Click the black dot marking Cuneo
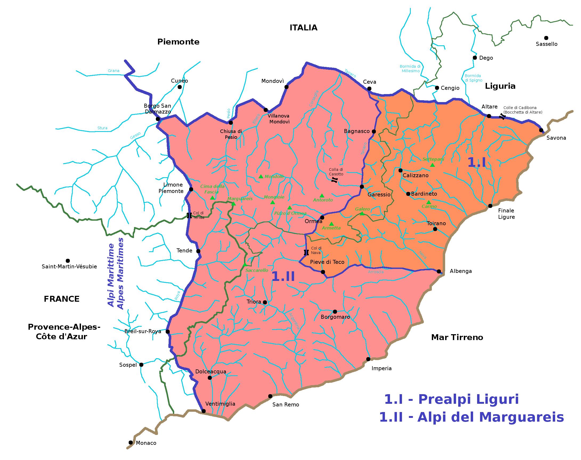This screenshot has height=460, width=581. click(x=180, y=87)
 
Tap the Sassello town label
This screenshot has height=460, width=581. click(x=546, y=44)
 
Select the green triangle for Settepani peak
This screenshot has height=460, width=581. click(x=432, y=165)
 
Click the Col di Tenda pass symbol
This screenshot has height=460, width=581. click(x=189, y=215)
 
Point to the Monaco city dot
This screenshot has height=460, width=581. click(x=131, y=442)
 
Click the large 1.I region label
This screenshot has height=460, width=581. click(x=477, y=162)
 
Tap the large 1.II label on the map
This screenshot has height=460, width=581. click(x=283, y=276)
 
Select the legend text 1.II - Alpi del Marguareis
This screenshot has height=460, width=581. click(x=471, y=417)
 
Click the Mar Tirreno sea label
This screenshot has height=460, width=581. click(x=457, y=337)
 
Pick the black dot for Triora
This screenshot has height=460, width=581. click(x=265, y=302)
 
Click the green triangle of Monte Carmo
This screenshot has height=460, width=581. click(x=428, y=202)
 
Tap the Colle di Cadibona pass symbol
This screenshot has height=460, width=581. click(x=502, y=116)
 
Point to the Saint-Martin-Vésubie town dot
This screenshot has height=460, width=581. click(x=68, y=261)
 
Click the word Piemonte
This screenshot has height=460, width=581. click(x=178, y=42)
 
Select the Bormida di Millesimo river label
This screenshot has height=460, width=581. click(x=410, y=68)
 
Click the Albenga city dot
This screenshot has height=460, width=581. click(x=439, y=271)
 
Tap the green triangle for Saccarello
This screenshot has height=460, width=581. click(x=245, y=265)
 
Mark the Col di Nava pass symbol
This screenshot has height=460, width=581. click(x=306, y=252)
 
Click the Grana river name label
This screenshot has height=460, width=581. click(x=113, y=71)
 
